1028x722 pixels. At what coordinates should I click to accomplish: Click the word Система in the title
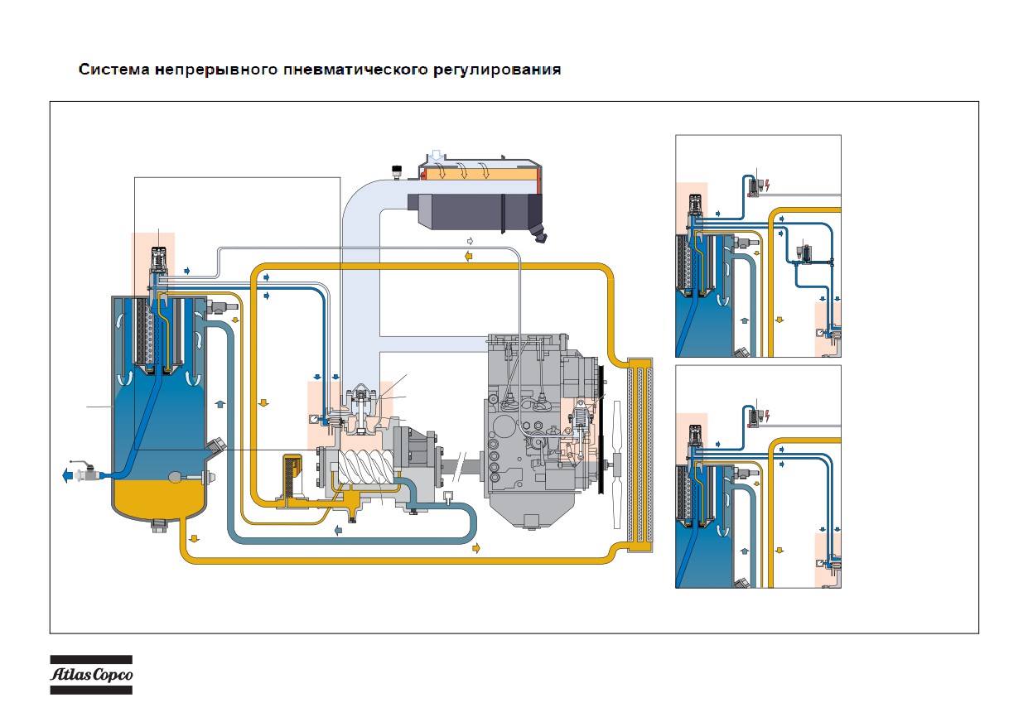pos(114,70)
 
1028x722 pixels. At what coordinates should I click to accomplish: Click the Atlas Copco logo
pos(91,674)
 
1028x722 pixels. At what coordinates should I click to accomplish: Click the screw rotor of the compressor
pos(366,466)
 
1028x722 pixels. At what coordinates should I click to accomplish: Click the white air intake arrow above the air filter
pos(437,155)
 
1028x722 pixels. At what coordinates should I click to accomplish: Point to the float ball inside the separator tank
pos(176,478)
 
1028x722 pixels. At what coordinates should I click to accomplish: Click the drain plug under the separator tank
pos(159,526)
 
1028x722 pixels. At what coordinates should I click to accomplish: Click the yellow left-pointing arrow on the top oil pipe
pos(468,256)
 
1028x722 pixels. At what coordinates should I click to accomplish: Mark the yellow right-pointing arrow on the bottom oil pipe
pos(476,547)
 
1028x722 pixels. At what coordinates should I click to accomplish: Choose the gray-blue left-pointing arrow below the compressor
pos(338,530)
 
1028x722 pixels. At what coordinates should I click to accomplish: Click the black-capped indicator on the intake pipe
pos(397,172)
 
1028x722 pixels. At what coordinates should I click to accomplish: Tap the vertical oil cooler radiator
pos(639,455)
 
